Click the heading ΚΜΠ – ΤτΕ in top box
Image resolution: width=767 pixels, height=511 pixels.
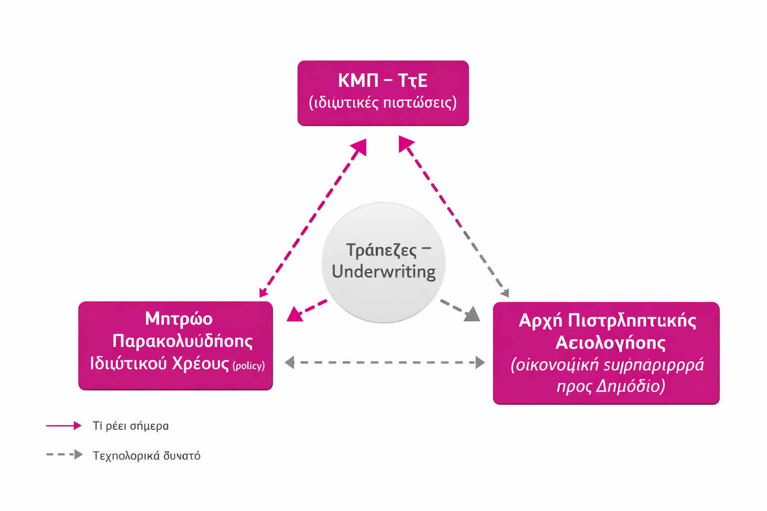383,80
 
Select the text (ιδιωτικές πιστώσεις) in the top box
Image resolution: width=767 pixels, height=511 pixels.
383,102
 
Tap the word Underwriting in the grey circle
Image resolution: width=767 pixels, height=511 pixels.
383,272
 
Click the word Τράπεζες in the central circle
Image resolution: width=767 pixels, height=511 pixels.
381,250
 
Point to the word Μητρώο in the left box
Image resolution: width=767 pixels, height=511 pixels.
179,319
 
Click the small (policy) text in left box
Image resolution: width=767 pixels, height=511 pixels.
249,366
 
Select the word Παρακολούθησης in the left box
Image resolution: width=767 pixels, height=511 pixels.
182,341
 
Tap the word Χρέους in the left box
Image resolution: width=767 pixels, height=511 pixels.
200,363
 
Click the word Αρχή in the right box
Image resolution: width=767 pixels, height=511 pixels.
540,320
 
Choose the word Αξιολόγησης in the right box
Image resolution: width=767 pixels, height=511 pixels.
610,343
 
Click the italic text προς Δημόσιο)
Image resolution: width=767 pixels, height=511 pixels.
610,386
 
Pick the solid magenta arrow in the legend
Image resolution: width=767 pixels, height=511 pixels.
63,426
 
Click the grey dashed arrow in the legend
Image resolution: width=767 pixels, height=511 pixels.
64,455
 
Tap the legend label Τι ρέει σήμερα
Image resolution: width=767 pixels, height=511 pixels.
131,426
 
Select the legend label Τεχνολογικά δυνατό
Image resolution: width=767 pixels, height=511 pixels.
146,456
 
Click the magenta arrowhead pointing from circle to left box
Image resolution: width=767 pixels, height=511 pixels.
295,314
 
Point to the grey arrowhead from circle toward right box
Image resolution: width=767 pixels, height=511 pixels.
472,314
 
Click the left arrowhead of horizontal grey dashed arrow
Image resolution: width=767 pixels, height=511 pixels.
290,362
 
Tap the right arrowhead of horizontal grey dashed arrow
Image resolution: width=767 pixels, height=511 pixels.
480,362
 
